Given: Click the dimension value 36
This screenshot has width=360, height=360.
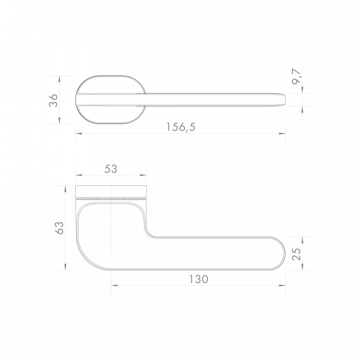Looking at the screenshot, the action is pos(54,100).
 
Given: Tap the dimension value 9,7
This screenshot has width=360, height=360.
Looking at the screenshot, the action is pos(296,77).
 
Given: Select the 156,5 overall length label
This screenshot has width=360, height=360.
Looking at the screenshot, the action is pos(181,127).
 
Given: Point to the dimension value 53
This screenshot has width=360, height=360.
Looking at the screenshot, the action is pos(111,169).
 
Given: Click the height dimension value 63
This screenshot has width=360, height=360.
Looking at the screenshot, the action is pos(60,228).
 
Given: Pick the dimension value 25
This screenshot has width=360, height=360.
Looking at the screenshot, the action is pos(296,254).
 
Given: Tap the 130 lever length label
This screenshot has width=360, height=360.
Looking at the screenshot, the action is pos(198,279).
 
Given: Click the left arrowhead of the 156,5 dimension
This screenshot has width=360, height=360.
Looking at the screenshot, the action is pos(79,133).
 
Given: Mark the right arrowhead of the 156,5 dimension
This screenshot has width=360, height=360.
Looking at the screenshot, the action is pos(282,133).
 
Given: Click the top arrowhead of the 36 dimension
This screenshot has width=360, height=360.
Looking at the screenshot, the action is pos(60,79).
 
